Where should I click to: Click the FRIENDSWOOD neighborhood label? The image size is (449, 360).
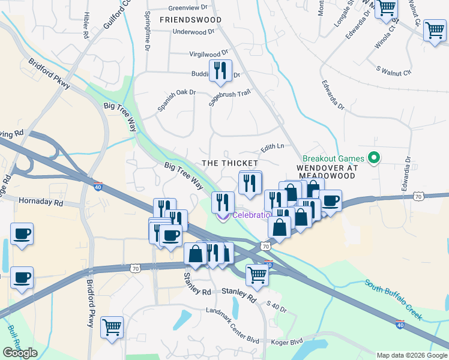pos(190,20)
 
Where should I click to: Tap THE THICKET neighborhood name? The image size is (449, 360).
pos(230,163)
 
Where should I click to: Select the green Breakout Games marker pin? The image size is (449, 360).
pos(373,158)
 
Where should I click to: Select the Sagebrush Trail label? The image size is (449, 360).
pos(229,98)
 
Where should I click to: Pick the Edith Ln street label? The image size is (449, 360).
pos(271,146)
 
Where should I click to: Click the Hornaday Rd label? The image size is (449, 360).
pos(41,202)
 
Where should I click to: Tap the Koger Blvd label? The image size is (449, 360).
pos(288,342)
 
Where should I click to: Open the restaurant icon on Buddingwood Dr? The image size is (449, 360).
pos(220,71)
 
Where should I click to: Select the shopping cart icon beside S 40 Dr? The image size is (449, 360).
pos(257,275)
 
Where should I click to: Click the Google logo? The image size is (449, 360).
pos(20,353)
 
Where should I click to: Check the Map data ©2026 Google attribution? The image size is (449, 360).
pos(412,355)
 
